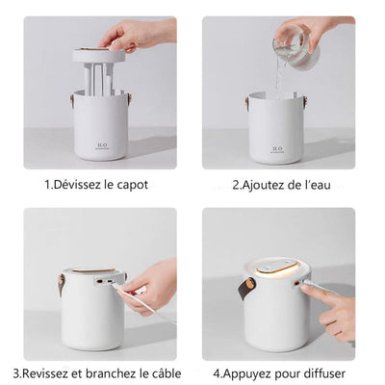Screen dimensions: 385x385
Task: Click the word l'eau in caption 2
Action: click(x=318, y=183)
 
